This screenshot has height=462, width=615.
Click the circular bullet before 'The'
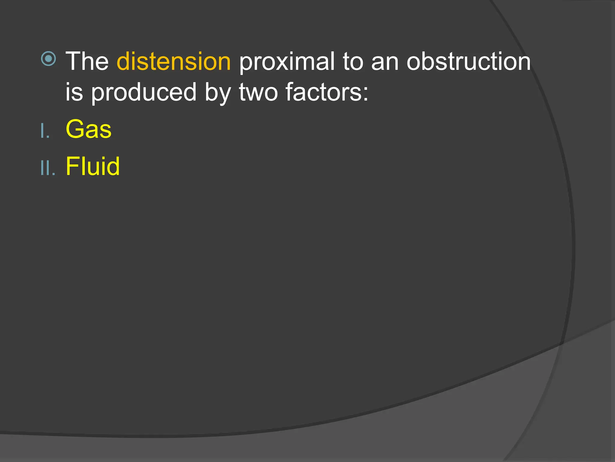coord(48,58)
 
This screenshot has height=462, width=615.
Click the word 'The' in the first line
coord(87,61)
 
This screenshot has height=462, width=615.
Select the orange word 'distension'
coord(174,61)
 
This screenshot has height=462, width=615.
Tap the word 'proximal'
coord(286,62)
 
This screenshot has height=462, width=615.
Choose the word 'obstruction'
coord(468,61)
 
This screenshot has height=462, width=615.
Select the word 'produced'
coord(144,92)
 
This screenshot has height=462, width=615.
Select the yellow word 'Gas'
coord(89,129)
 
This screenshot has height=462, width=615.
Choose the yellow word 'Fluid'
coord(92,166)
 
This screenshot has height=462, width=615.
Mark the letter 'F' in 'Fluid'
coord(72,166)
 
